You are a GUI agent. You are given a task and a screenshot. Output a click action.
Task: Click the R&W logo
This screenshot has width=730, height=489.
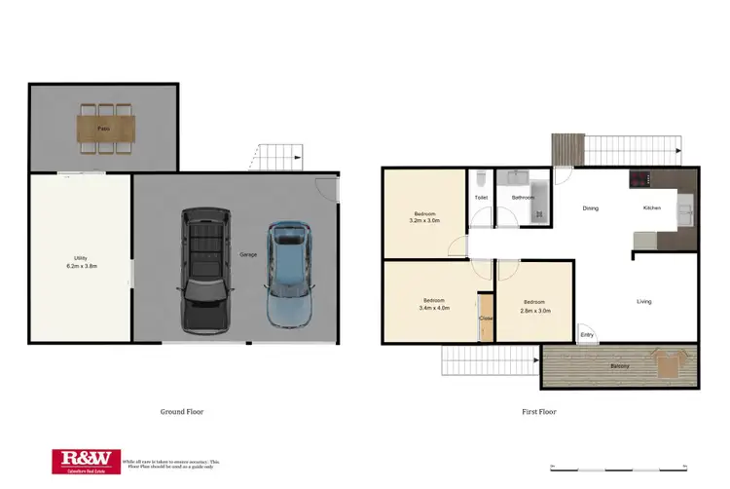point(83,460)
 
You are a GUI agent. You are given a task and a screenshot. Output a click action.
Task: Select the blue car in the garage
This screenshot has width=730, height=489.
point(288,274)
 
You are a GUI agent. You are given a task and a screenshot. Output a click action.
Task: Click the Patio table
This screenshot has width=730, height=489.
point(103,128)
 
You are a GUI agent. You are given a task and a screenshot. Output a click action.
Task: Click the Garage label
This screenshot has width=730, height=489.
point(248,254)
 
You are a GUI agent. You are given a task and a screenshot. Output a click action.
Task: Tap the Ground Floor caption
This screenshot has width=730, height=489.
point(182,411)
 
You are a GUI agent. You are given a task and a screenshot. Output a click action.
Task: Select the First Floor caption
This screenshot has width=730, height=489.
point(538,411)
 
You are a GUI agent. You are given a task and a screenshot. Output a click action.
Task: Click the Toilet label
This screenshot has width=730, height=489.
point(481,198)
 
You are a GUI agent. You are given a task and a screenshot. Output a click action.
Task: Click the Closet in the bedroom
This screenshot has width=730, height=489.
point(486,318)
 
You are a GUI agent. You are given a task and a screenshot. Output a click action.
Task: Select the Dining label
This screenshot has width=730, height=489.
point(590,208)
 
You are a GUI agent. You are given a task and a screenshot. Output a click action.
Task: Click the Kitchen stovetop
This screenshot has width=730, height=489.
point(641,178)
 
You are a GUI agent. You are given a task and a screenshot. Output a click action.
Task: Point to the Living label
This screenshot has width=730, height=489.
point(643,301)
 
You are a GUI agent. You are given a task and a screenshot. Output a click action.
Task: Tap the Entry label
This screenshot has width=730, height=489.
point(587,335)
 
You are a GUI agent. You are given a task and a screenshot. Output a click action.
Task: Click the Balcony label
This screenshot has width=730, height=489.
point(619,366)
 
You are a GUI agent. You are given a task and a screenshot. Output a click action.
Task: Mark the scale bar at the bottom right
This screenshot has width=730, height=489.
point(618,462)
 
